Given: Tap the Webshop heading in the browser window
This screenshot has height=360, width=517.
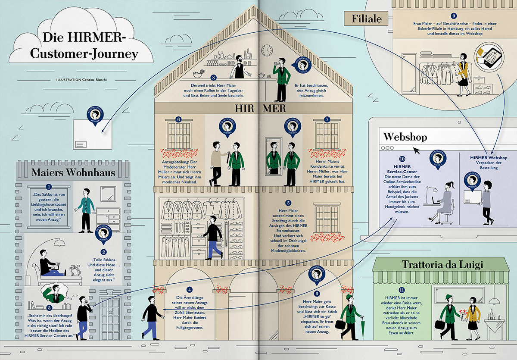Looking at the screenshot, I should click(x=405, y=137).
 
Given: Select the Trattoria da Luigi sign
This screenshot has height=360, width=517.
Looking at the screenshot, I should click(x=440, y=264).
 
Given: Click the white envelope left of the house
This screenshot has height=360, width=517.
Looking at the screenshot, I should click(x=92, y=134).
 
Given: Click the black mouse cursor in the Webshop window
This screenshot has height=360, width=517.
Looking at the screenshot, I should click(x=416, y=151).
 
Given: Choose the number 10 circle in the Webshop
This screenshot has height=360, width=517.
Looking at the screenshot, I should click(x=402, y=159).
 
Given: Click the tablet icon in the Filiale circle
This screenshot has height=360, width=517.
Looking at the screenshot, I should click(x=485, y=56).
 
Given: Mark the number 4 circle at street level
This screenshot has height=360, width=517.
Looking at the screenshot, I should click(x=189, y=290).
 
